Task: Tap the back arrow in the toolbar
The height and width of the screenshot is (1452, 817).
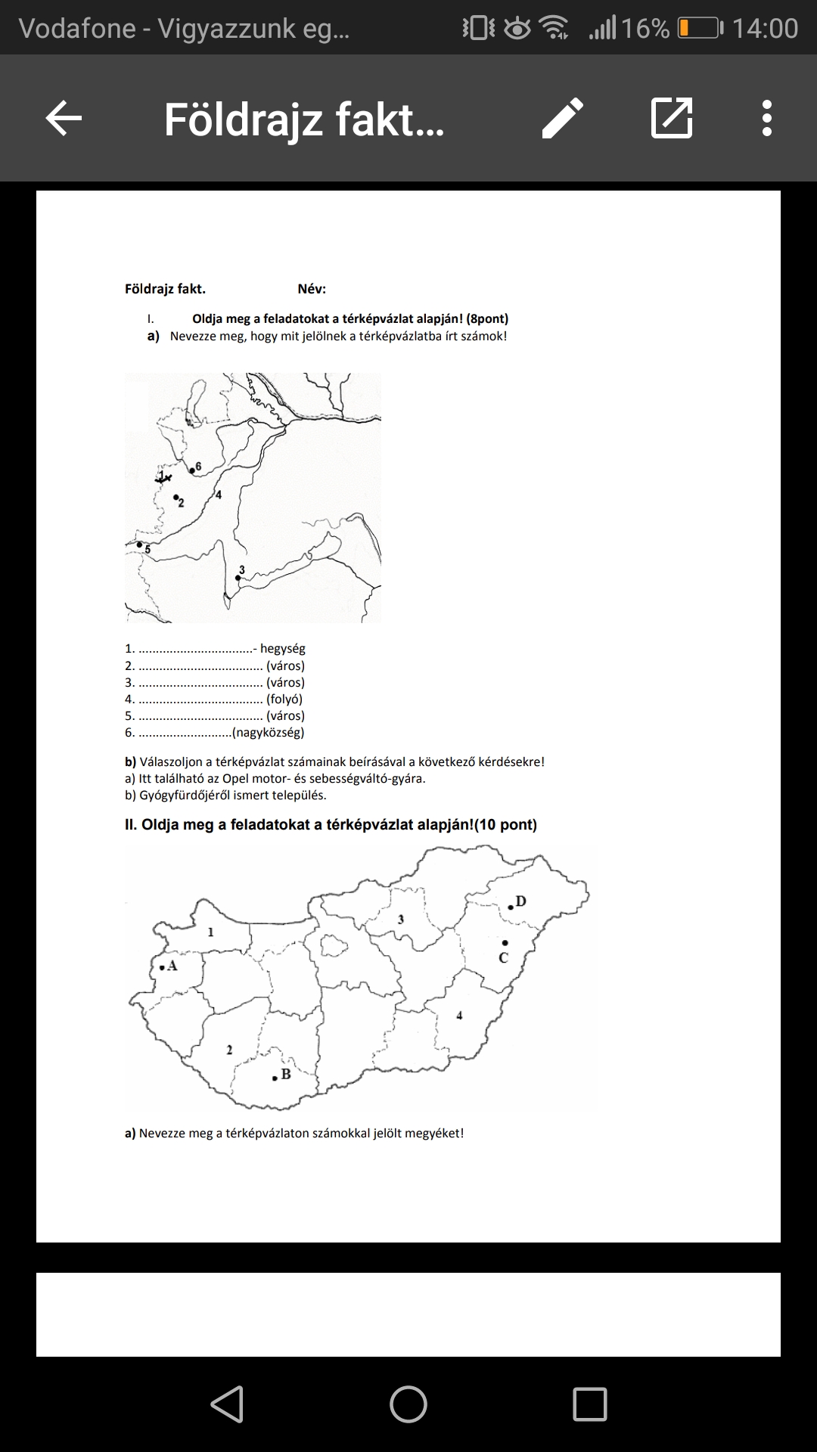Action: click(64, 118)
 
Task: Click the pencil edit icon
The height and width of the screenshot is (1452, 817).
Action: click(563, 118)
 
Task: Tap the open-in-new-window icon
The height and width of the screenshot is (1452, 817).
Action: click(672, 118)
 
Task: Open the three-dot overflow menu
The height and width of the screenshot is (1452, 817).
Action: click(767, 118)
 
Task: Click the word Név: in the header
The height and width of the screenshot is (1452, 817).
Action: click(312, 289)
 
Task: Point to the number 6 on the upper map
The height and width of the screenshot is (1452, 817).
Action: click(198, 466)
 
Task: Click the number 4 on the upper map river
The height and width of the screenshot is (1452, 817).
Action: click(219, 495)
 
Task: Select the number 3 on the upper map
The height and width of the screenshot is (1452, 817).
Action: click(242, 569)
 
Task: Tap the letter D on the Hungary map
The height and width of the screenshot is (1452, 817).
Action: click(520, 901)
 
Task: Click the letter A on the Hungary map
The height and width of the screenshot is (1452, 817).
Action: click(172, 966)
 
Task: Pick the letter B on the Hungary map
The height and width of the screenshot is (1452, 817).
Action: click(286, 1074)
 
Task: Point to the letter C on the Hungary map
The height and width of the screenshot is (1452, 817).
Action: click(504, 958)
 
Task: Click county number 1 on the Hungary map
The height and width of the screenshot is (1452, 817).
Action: click(211, 932)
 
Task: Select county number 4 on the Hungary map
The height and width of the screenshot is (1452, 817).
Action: click(459, 1016)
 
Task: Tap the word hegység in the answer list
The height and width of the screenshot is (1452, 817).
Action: click(283, 649)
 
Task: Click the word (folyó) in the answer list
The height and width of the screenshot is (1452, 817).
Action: click(284, 700)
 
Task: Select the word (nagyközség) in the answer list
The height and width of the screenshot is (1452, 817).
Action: click(269, 733)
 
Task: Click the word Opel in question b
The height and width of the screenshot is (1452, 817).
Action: click(235, 779)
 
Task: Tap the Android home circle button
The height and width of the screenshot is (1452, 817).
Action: click(408, 1404)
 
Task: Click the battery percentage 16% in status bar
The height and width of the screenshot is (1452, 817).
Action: click(645, 29)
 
